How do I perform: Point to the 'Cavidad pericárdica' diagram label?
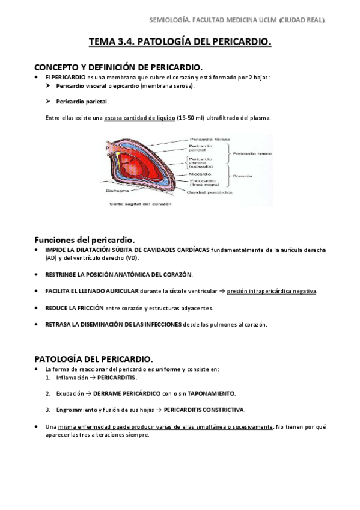207,192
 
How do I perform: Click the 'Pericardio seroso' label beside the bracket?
252,153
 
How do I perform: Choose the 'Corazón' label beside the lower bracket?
244,176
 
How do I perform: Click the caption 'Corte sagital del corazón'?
140,204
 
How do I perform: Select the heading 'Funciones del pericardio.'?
84,239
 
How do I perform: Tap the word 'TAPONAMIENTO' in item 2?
213,393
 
